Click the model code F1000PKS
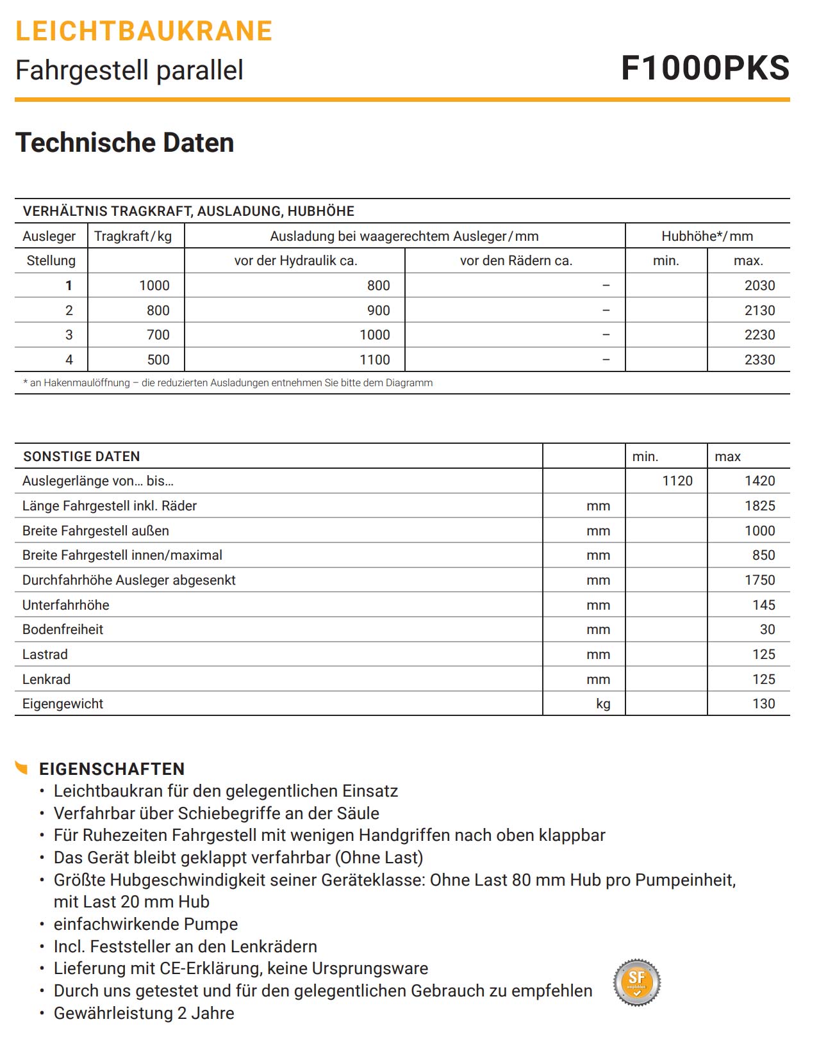tap(705, 68)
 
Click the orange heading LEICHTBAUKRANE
tap(144, 31)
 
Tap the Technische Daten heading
tap(125, 142)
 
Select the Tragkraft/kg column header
tap(133, 236)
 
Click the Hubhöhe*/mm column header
tap(707, 236)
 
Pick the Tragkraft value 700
tap(158, 335)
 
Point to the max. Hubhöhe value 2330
tap(759, 360)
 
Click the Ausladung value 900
tap(378, 311)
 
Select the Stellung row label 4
tap(69, 360)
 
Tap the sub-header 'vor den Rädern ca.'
tap(516, 261)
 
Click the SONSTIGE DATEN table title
tap(81, 457)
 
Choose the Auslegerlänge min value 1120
tap(677, 481)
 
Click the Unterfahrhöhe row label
tap(66, 605)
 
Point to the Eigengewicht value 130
tap(763, 704)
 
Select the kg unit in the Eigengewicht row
tap(603, 704)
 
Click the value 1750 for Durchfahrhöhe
tap(759, 580)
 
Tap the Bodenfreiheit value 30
tap(767, 630)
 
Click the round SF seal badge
tap(636, 982)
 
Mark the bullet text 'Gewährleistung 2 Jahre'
tap(144, 1013)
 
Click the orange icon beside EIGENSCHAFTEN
tap(22, 767)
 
